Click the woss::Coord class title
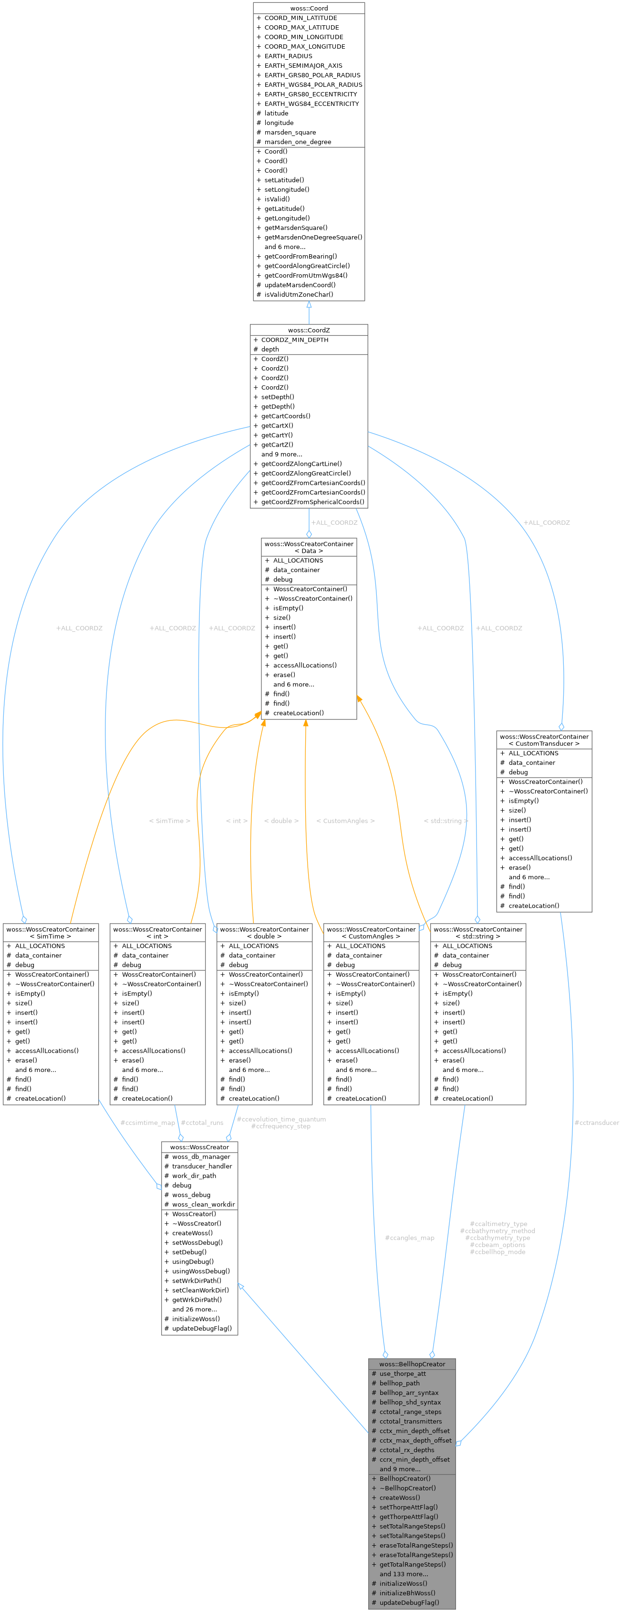coord(309,8)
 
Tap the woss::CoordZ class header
coord(309,330)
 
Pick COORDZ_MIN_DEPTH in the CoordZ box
coord(294,340)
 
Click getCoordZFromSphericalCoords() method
coord(313,502)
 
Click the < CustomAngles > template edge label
coord(345,821)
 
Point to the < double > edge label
coord(281,821)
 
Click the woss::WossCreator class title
coord(199,1147)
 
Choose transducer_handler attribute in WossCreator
coord(201,1166)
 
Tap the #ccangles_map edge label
coord(409,1238)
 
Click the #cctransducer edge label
coord(596,1123)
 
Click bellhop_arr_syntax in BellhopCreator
coord(409,1393)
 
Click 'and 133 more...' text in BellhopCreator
coord(404,1574)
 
